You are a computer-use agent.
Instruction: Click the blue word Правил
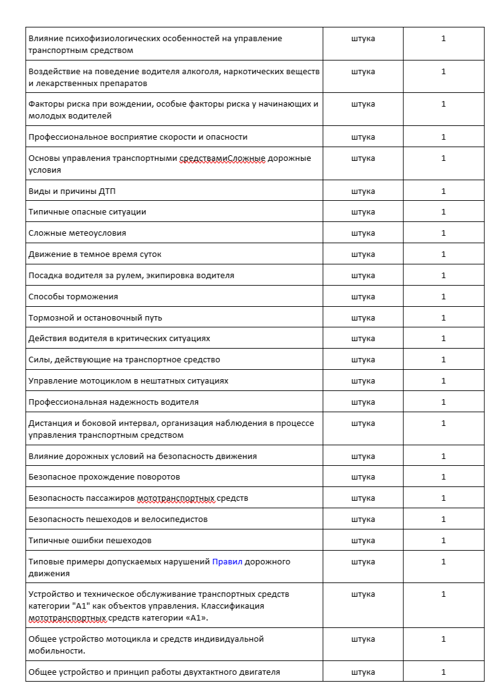227,562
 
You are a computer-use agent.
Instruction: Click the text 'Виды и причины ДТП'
64,191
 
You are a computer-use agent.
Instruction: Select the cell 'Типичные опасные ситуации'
87,212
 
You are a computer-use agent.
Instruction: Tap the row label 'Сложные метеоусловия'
77,233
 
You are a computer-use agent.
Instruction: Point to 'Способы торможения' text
73,296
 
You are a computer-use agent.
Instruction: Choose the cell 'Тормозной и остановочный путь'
95,318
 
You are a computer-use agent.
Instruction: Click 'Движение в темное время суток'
95,254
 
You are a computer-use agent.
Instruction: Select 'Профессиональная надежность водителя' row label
113,402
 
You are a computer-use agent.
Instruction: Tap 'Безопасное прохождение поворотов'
104,477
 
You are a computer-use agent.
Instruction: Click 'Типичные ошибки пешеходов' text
90,541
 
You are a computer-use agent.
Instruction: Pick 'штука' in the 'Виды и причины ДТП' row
363,191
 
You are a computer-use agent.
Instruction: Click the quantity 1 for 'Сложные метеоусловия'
444,233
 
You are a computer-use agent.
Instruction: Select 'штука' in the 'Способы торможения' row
363,296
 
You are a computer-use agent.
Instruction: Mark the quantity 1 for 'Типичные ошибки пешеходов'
444,541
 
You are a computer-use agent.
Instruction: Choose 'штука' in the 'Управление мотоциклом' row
363,381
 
